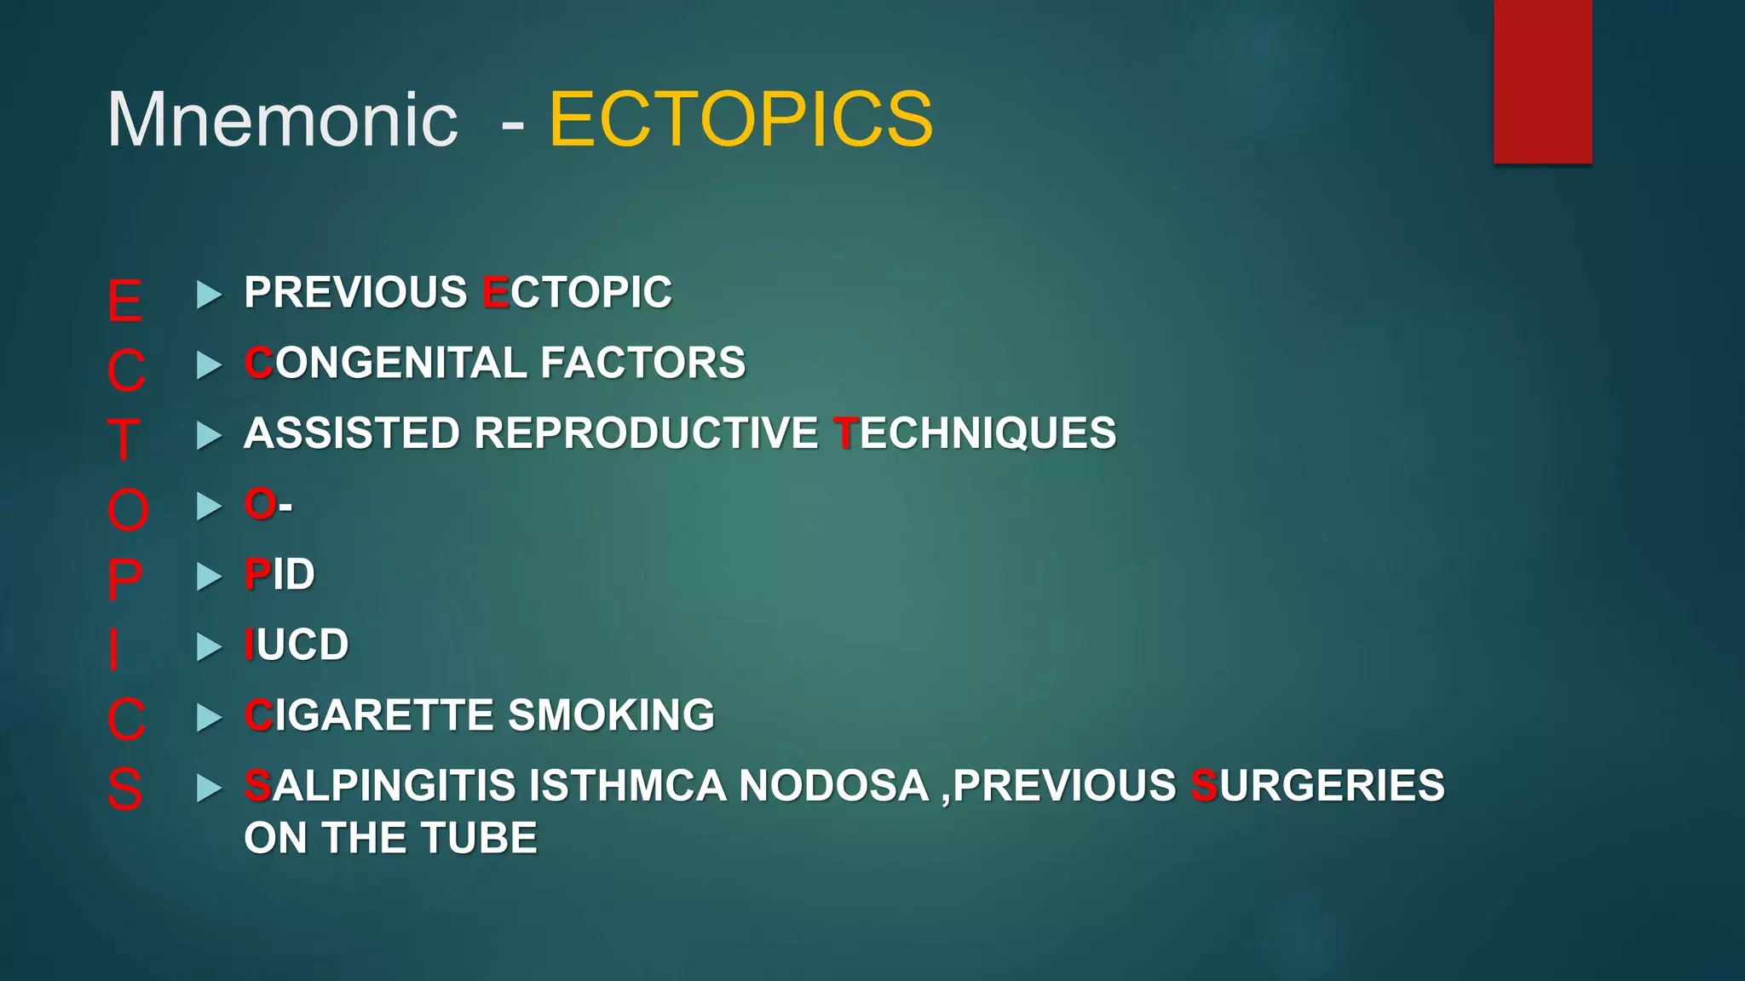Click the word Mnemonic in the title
pyautogui.click(x=282, y=120)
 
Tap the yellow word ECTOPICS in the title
pyautogui.click(x=740, y=120)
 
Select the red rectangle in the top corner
pyautogui.click(x=1542, y=82)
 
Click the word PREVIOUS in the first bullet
pyautogui.click(x=355, y=293)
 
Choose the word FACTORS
pyautogui.click(x=642, y=364)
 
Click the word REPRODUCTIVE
pyautogui.click(x=646, y=433)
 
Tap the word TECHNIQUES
pyautogui.click(x=975, y=433)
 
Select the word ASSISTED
pyautogui.click(x=352, y=433)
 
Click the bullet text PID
pyautogui.click(x=279, y=575)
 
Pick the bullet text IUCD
pyautogui.click(x=297, y=645)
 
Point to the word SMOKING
pyautogui.click(x=611, y=715)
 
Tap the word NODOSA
pyautogui.click(x=833, y=786)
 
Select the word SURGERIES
pyautogui.click(x=1317, y=786)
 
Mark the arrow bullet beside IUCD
pyautogui.click(x=209, y=647)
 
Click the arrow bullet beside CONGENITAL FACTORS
pyautogui.click(x=209, y=365)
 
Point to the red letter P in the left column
pyautogui.click(x=124, y=580)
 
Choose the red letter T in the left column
pyautogui.click(x=124, y=440)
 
